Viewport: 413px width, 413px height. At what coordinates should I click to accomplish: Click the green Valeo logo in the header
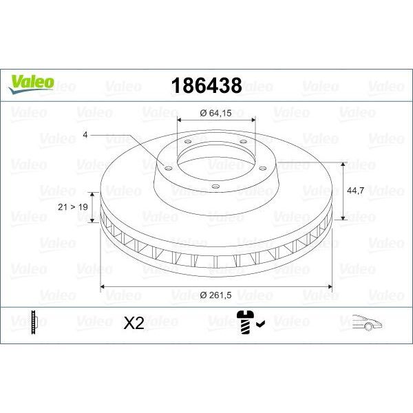pos(31,83)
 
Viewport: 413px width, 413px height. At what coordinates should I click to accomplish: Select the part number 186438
pos(205,86)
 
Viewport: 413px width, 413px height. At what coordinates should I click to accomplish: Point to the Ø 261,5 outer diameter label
pos(216,295)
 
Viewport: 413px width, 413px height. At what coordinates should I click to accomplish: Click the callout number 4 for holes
pos(85,136)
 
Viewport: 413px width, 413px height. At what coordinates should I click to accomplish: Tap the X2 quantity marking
pos(134,324)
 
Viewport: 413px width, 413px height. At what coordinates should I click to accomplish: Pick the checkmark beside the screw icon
pos(260,321)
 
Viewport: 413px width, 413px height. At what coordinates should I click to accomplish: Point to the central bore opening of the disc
pos(216,162)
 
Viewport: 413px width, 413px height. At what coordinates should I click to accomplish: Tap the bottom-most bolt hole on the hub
pos(215,185)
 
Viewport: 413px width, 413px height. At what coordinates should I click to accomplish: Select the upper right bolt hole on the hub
pos(243,143)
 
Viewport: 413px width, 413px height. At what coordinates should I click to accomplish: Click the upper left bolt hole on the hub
pos(187,142)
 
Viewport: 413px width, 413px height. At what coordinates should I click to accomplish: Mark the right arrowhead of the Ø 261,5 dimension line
pos(328,286)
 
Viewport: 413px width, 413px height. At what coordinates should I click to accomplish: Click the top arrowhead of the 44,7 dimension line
pos(342,165)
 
